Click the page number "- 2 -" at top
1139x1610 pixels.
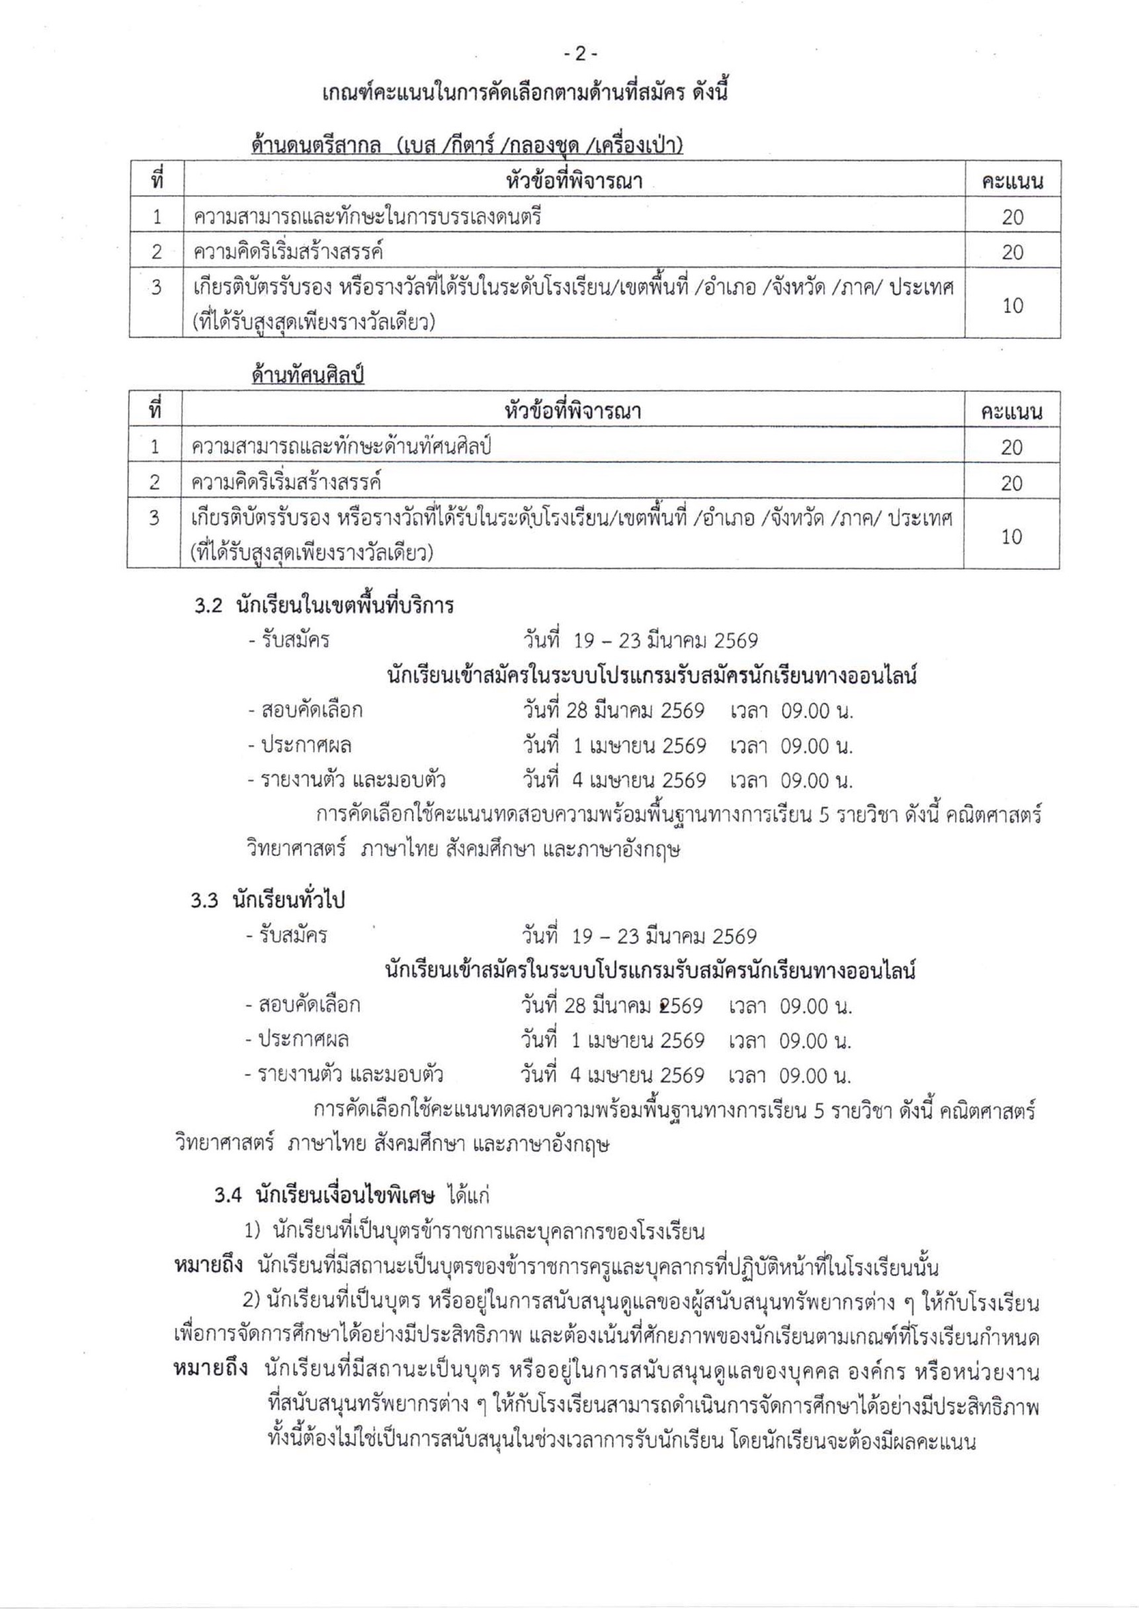coord(579,54)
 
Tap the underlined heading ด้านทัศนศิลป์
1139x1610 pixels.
coord(308,376)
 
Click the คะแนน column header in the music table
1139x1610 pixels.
coord(1012,182)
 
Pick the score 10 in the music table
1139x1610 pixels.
coord(1012,306)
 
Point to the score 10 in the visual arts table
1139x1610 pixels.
coord(1011,536)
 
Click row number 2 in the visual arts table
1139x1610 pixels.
coord(154,482)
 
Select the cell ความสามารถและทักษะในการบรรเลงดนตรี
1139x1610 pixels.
coord(368,218)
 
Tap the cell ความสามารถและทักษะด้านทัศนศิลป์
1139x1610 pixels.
coord(341,446)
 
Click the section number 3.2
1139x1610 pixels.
coord(208,605)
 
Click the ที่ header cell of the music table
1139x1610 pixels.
coord(156,181)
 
